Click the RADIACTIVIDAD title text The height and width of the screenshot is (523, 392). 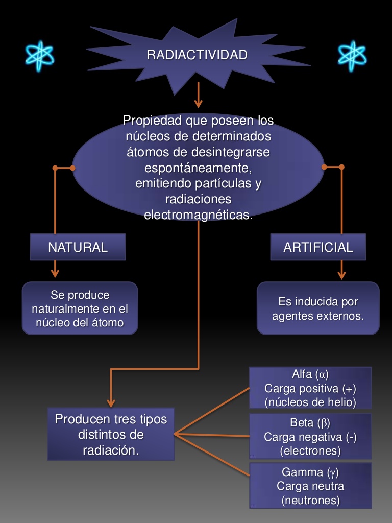pos(197,55)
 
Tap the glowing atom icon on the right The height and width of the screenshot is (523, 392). pos(352,55)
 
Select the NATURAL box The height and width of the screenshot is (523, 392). pos(78,247)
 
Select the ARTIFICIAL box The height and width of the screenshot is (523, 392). pos(318,247)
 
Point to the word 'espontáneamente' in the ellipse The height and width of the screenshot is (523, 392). pos(198,168)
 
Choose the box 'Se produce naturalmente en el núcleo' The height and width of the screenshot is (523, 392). pos(80,308)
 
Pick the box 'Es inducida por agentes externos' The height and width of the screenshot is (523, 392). pos(318,308)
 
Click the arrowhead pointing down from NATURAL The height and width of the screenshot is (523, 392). pos(55,272)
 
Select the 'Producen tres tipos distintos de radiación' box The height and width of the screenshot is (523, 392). pos(111,434)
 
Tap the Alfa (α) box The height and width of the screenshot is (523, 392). pos(310,388)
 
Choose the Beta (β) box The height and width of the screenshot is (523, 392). pos(310,436)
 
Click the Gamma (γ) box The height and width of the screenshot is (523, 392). pos(310,486)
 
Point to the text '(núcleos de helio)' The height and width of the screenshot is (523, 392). pos(310,402)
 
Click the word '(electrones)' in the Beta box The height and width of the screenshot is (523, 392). pos(310,451)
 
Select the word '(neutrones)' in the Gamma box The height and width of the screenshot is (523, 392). pos(310,501)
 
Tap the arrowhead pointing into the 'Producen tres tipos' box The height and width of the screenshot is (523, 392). pos(111,402)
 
